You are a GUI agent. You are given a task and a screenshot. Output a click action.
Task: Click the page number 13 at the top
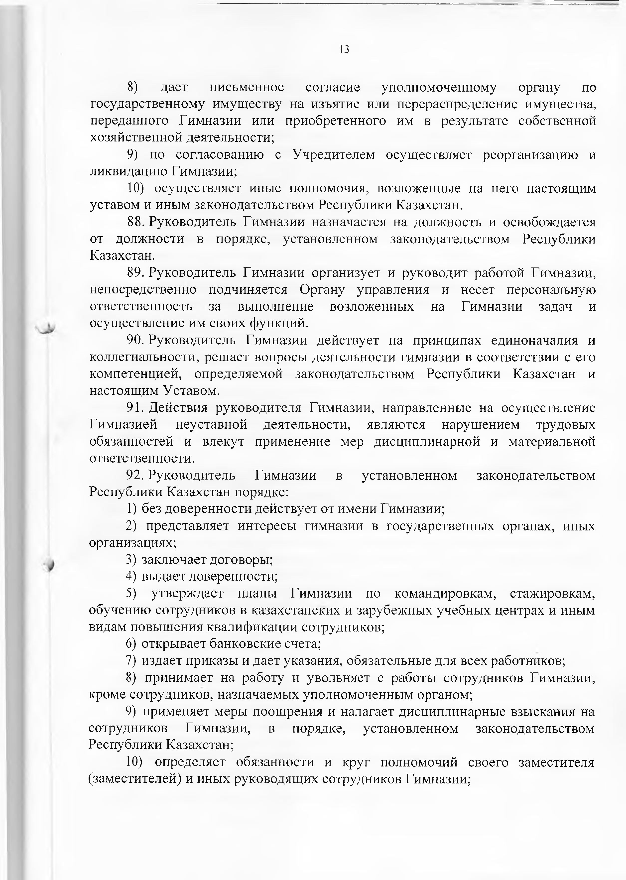[x=344, y=50]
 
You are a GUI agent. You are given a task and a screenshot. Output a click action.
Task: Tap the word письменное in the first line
[x=247, y=88]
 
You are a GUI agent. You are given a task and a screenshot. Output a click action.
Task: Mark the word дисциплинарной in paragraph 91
[x=427, y=442]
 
